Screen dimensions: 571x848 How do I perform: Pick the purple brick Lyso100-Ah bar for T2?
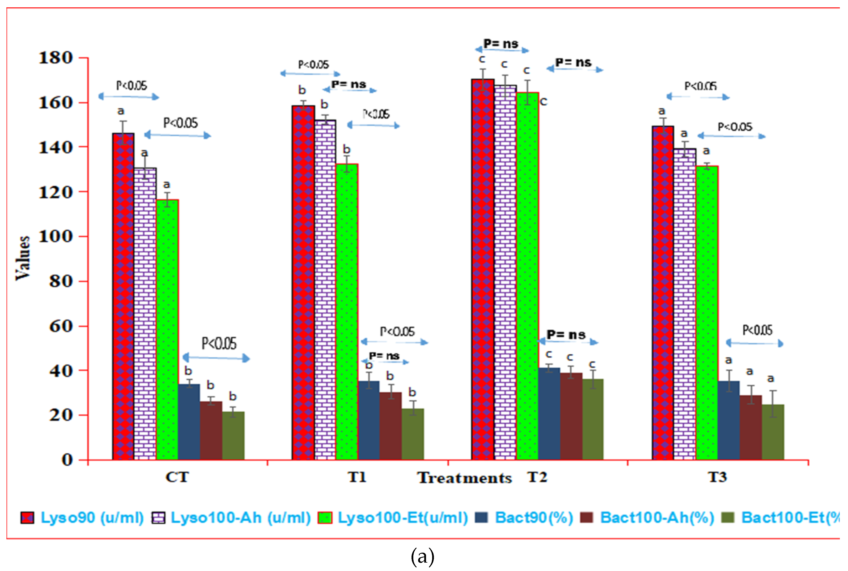(x=505, y=272)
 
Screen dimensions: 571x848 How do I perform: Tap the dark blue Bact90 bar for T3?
(x=729, y=421)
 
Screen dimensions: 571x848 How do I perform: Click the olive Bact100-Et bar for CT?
(x=233, y=436)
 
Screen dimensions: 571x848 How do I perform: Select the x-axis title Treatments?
(x=464, y=478)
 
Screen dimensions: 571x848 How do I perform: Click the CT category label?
(x=177, y=477)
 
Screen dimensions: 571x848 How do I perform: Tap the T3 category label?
(x=717, y=477)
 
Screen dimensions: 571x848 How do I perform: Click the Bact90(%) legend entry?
(x=533, y=518)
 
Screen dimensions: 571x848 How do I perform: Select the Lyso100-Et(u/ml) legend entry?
(x=402, y=518)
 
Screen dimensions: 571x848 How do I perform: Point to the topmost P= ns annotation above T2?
(x=501, y=44)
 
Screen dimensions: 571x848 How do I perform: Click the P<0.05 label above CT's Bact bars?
(x=219, y=343)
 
